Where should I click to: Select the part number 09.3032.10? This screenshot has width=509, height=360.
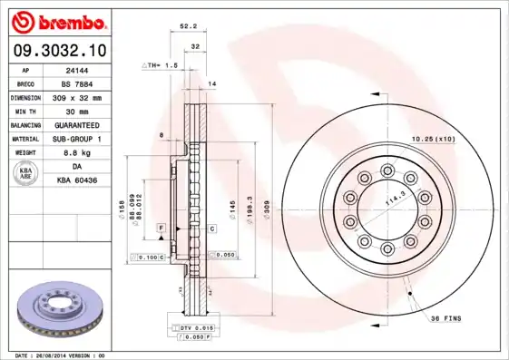point(62,51)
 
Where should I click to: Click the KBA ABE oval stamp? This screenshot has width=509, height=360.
point(25,172)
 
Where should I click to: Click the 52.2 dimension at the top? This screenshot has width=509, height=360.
point(189,27)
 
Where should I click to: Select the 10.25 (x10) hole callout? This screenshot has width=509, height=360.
point(433,138)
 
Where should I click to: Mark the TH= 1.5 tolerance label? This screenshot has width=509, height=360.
point(160,66)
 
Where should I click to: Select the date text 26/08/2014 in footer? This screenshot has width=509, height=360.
point(60,355)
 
